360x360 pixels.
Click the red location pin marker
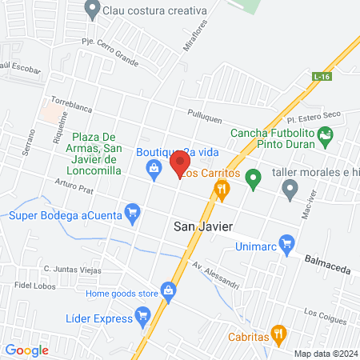(x=179, y=165)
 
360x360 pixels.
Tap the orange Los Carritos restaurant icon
(x=222, y=189)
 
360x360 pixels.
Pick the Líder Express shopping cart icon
(x=142, y=318)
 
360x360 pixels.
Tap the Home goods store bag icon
(x=168, y=290)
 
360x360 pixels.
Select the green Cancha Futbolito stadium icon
(x=325, y=137)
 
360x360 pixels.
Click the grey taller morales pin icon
(x=290, y=189)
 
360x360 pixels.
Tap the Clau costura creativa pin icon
(x=92, y=10)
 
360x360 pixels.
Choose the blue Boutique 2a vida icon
(x=152, y=167)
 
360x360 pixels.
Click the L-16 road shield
(x=322, y=76)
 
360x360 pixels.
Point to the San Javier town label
(x=203, y=226)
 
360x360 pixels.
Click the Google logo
(x=27, y=350)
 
